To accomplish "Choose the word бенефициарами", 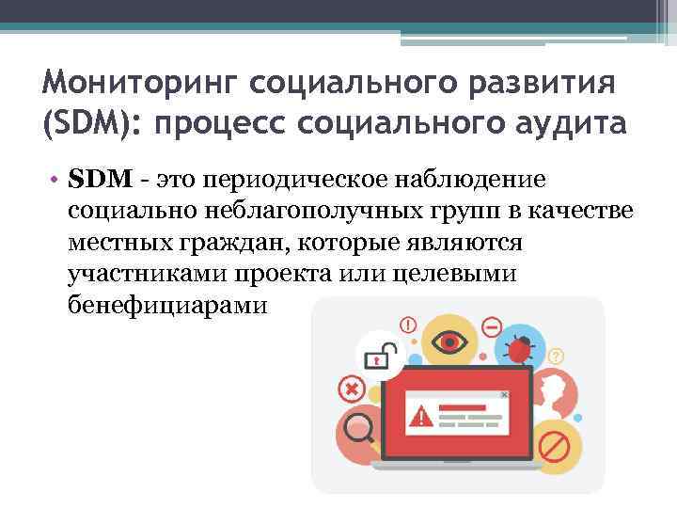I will click(x=167, y=307).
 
